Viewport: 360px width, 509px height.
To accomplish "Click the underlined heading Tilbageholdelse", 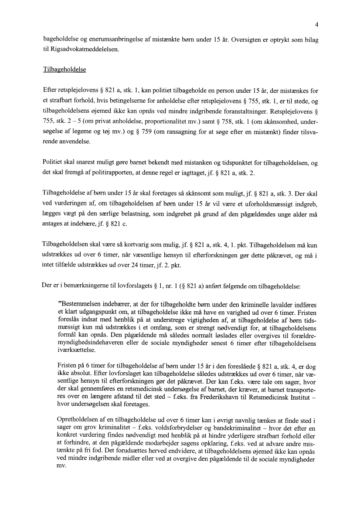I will tap(65, 70).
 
